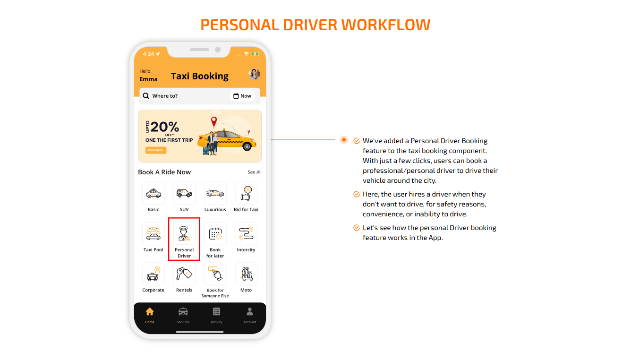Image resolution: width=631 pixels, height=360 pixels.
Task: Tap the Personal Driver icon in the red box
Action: coord(184,233)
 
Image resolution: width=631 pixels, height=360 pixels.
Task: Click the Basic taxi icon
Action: coord(153,193)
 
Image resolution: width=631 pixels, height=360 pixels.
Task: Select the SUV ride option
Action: coord(184,193)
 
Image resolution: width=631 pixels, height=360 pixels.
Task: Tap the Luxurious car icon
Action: coord(215,193)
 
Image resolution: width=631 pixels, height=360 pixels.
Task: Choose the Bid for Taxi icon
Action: coord(246,193)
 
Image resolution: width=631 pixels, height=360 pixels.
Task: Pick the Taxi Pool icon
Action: coord(153,233)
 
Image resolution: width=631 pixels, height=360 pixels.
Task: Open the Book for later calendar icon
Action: coord(215,233)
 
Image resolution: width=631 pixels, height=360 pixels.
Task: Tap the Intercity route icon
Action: coord(246,233)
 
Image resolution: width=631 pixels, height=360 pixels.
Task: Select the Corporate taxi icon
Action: coord(153,274)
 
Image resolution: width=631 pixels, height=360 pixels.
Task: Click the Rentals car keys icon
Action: coord(184,274)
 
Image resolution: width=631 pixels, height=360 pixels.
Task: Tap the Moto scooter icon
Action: coord(246,274)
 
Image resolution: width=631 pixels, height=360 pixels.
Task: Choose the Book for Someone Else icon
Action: coord(215,274)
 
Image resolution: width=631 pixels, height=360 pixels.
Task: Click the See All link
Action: coord(255,172)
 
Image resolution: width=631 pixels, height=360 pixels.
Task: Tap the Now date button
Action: coord(242,96)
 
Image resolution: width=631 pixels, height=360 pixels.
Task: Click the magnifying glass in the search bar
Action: coord(146,96)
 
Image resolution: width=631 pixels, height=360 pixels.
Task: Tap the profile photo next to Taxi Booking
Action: coord(254,74)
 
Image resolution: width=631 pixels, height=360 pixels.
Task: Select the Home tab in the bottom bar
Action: coord(150,315)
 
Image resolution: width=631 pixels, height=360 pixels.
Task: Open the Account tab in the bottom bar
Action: coord(250,315)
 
